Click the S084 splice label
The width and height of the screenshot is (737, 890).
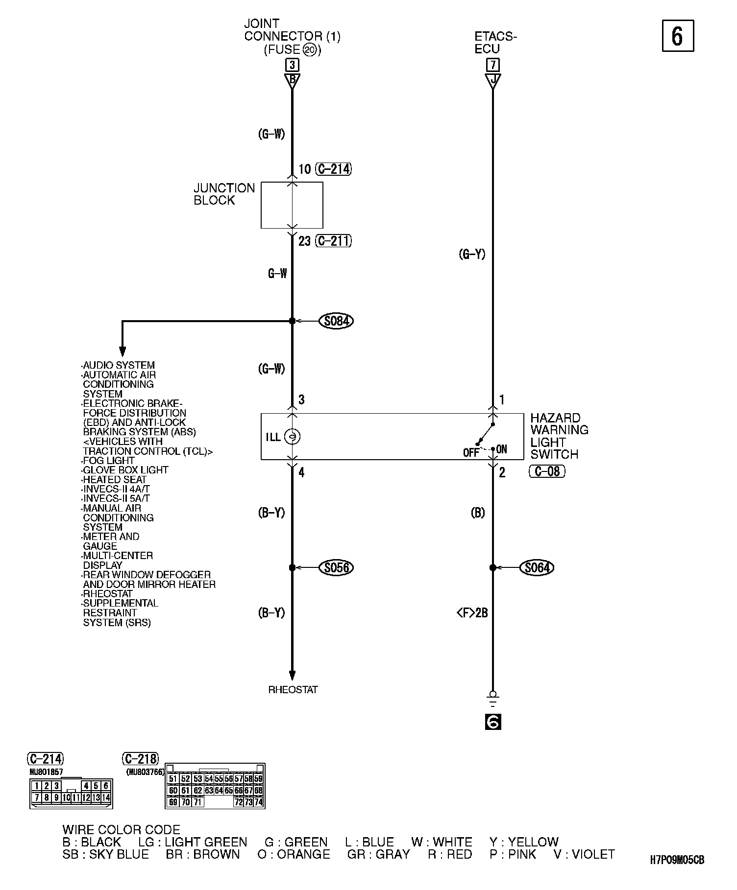coord(336,321)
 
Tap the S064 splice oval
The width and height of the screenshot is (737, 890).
coord(537,567)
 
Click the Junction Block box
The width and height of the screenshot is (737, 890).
coord(292,205)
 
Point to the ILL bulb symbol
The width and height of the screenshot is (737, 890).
coord(292,437)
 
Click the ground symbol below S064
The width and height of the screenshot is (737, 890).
coord(493,699)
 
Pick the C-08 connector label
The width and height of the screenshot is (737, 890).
coord(547,471)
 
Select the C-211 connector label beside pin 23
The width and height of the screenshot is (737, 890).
coord(334,241)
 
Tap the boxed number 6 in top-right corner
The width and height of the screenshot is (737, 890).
coord(678,36)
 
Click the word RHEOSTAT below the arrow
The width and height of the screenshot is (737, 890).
coord(293,689)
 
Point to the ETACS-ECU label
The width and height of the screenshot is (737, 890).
coord(495,43)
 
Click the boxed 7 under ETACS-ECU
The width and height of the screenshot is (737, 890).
coord(492,65)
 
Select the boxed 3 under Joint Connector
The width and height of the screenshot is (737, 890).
coord(292,65)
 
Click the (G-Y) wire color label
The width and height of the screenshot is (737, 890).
coord(472,254)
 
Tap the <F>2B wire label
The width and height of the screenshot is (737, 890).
coord(472,612)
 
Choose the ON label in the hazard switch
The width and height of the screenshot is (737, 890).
coord(502,449)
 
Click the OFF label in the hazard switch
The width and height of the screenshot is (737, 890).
coord(471,453)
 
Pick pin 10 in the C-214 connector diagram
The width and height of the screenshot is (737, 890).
coord(66,797)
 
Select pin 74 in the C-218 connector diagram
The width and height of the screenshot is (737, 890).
coord(259,802)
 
